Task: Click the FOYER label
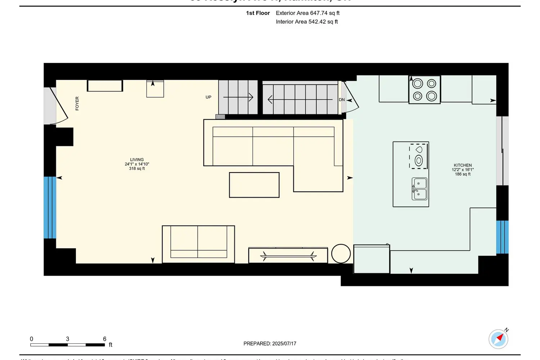(77, 103)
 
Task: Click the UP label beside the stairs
(208, 97)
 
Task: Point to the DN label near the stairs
(342, 100)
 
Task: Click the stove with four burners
(424, 90)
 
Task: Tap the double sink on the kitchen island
(419, 189)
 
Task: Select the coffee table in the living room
(254, 185)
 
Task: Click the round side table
(341, 253)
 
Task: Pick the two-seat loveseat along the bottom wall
(198, 244)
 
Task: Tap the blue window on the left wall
(50, 207)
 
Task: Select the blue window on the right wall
(502, 237)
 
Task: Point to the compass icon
(498, 339)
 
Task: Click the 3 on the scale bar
(67, 339)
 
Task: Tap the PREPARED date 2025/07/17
(270, 343)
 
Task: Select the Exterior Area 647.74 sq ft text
(307, 13)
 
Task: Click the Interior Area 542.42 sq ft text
(307, 22)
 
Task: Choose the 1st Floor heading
(258, 13)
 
